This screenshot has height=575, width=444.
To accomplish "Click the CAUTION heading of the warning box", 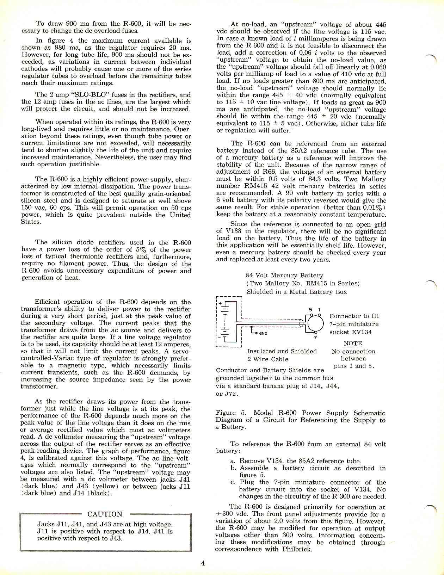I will (x=105, y=514).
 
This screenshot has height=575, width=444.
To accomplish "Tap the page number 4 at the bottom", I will (x=203, y=563).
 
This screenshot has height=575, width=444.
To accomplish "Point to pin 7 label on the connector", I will (x=315, y=338).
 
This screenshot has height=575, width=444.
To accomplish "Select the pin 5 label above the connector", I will (x=310, y=310).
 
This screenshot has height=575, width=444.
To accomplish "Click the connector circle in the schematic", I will (x=315, y=322).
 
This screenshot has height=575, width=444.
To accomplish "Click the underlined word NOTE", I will (x=353, y=344).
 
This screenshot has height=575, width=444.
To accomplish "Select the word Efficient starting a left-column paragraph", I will (x=50, y=302).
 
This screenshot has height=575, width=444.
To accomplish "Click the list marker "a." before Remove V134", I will (x=233, y=461).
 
